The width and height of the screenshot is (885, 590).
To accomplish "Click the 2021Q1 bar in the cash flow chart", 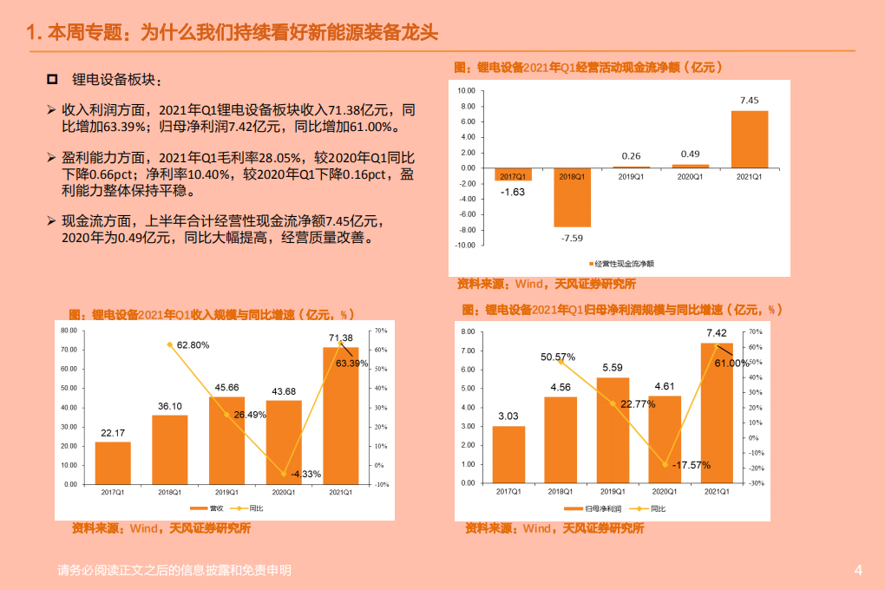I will [749, 139].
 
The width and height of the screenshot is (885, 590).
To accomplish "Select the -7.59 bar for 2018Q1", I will [572, 197].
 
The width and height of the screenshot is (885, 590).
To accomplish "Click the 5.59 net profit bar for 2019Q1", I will [613, 430].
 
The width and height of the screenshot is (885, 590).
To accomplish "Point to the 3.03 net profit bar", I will [508, 455].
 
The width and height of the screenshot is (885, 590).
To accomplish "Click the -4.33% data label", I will [306, 474].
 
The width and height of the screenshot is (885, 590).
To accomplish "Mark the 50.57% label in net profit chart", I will [558, 357].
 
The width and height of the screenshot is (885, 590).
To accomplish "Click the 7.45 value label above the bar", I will [749, 101].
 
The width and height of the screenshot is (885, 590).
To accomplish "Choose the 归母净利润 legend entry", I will [594, 508].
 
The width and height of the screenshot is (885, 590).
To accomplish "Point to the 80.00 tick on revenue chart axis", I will [69, 331].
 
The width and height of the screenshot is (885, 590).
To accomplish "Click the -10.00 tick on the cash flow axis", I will [465, 246].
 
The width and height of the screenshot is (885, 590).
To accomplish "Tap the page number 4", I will [858, 570].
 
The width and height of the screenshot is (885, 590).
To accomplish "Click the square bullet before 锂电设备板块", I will [53, 80].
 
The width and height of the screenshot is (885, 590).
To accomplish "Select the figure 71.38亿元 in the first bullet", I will [357, 110].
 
